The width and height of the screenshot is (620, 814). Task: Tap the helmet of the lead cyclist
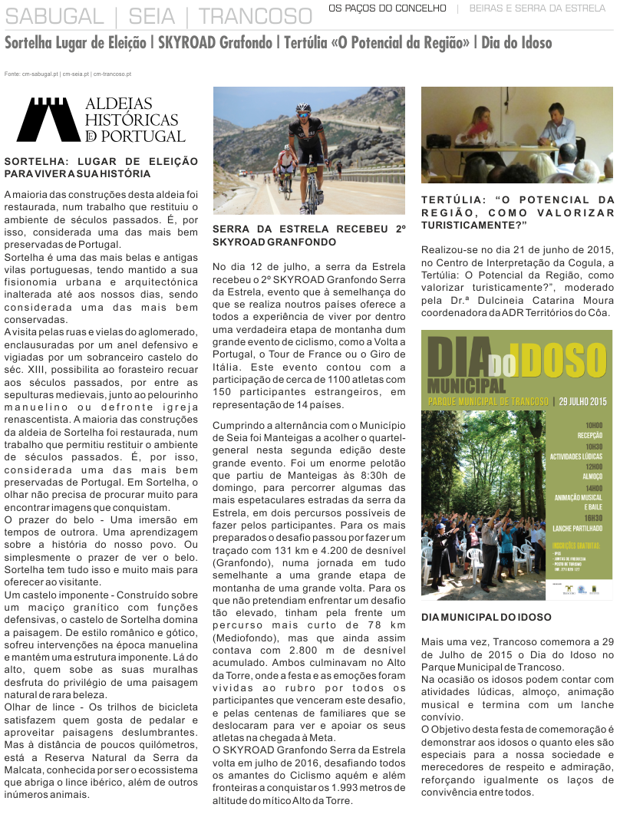[x=303, y=109]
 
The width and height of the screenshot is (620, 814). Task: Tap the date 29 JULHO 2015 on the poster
[x=583, y=401]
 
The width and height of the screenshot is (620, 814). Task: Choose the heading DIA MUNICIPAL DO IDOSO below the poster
[x=486, y=617]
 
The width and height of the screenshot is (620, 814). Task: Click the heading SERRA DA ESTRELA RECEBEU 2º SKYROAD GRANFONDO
[x=308, y=235]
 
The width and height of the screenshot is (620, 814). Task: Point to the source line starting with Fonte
[x=68, y=74]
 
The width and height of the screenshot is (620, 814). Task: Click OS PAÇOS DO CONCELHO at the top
[x=387, y=8]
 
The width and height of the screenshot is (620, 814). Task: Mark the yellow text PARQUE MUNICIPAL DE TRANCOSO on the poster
[x=488, y=401]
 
